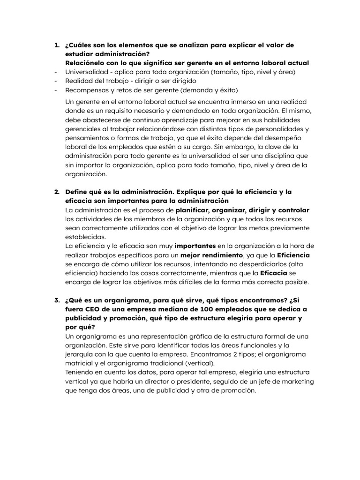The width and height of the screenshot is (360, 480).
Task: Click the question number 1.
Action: pyautogui.click(x=56, y=45)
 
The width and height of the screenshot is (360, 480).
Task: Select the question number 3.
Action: pyautogui.click(x=56, y=301)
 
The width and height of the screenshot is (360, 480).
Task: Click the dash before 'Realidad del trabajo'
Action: pyautogui.click(x=56, y=81)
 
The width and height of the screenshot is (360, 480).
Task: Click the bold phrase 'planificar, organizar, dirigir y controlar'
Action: pyautogui.click(x=242, y=210)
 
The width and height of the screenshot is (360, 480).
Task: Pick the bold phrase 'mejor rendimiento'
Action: pyautogui.click(x=212, y=255)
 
